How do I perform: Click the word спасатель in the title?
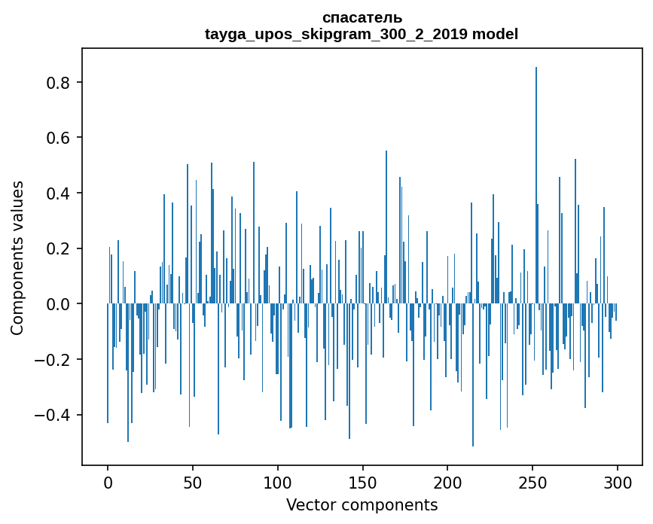tap(362, 18)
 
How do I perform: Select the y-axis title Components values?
tap(17, 257)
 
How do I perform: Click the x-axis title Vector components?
tap(362, 504)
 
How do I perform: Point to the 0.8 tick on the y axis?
tap(59, 82)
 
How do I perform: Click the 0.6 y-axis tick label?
tap(59, 138)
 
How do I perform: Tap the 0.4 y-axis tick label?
tap(59, 193)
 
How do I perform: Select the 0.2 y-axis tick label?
tap(59, 248)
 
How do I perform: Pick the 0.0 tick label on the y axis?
tap(59, 304)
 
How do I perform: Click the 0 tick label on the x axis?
tap(108, 482)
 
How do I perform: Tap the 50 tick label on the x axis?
tap(193, 482)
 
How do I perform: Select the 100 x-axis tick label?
tap(278, 482)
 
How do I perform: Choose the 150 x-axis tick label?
tap(362, 482)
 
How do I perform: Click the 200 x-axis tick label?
tap(447, 482)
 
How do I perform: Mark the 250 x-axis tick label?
tap(532, 482)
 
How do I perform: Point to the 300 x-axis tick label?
tap(617, 482)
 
